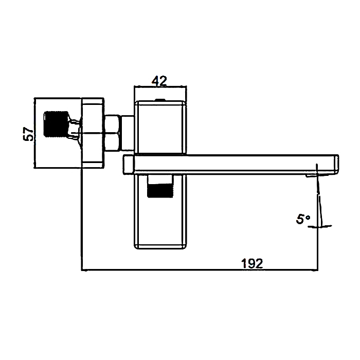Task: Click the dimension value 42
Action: pos(159,81)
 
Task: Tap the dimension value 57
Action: pos(29,134)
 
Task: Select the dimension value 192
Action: pos(252,263)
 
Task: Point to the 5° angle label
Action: pos(303,219)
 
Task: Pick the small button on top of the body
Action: pos(160,100)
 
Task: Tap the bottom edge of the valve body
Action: pos(160,249)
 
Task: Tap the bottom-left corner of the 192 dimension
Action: pos(81,269)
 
